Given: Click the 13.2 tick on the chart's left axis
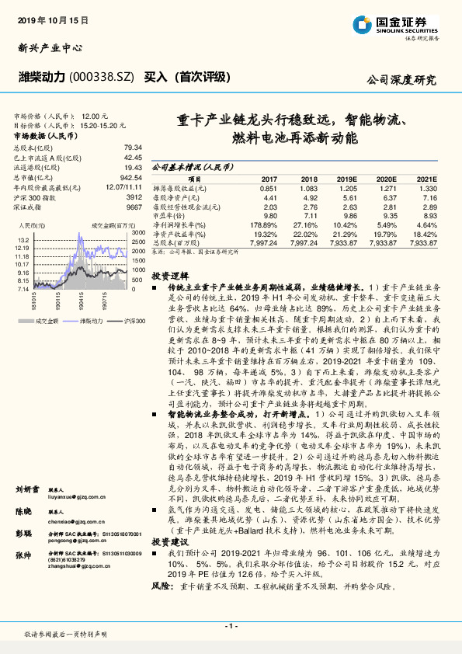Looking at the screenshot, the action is tap(23, 239).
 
